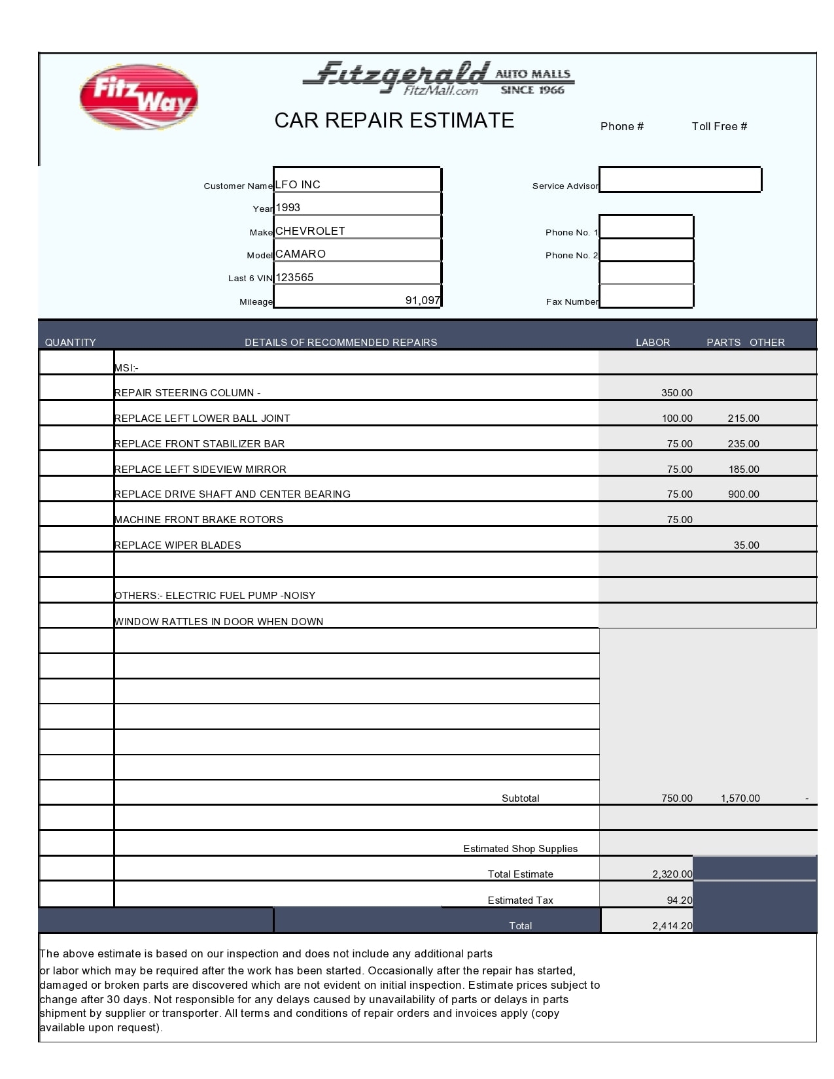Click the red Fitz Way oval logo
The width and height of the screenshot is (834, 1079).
[x=138, y=97]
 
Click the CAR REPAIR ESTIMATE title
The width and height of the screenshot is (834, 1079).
[x=394, y=120]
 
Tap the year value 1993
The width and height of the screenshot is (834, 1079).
[x=288, y=207]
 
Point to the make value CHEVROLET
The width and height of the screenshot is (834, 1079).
[x=310, y=231]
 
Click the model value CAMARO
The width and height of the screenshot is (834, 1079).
[x=300, y=254]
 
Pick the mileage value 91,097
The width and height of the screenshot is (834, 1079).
[x=423, y=300]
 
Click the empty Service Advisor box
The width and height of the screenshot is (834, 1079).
[x=680, y=179]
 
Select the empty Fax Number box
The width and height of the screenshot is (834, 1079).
[x=646, y=296]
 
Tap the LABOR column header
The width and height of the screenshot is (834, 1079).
[x=652, y=342]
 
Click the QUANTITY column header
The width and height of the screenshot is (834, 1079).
[x=70, y=342]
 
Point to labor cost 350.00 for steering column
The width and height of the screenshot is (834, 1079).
[x=676, y=393]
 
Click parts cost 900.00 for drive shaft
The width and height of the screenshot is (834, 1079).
[x=743, y=494]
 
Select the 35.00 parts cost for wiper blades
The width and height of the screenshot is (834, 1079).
[x=746, y=545]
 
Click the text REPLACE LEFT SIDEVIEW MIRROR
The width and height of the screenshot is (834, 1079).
[x=200, y=470]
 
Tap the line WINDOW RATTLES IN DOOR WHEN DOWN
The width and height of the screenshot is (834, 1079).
[x=218, y=621]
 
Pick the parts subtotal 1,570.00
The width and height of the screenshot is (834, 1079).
[x=740, y=798]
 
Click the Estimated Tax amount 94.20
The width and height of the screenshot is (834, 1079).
[x=679, y=900]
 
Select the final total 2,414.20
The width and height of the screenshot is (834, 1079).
[x=672, y=926]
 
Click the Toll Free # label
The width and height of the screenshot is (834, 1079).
[x=719, y=126]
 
